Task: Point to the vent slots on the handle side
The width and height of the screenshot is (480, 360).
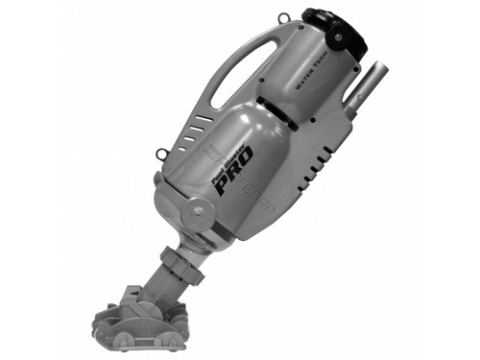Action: tap(198, 126)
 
